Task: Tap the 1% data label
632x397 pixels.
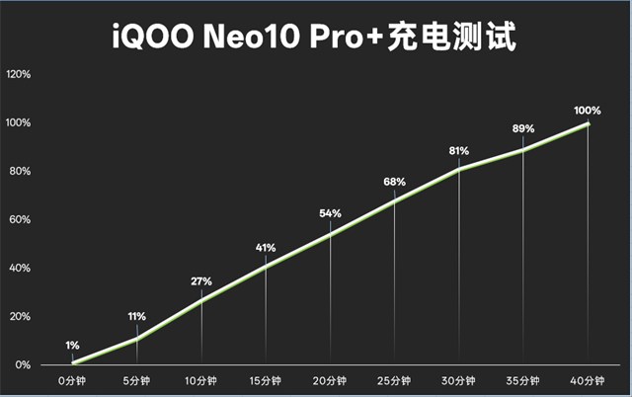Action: [x=72, y=345]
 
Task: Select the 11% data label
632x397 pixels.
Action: [x=136, y=316]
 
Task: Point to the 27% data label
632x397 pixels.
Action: [x=201, y=281]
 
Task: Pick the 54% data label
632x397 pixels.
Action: [x=330, y=213]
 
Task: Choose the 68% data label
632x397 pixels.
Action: [x=394, y=182]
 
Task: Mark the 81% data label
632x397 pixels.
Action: [x=459, y=151]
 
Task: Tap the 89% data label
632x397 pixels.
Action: [x=522, y=128]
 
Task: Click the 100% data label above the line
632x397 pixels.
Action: [x=587, y=109]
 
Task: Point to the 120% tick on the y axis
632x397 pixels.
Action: [x=19, y=75]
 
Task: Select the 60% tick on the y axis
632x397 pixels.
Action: [x=21, y=220]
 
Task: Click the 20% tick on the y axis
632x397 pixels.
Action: [x=21, y=317]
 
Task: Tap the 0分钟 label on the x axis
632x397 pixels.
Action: [x=73, y=379]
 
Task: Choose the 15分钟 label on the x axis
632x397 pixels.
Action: [x=266, y=379]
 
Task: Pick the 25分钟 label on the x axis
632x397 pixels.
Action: [x=394, y=379]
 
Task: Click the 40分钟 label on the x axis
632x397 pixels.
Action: [x=588, y=379]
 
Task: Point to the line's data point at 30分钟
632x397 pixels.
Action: [x=459, y=169]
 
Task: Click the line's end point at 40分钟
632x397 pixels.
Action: [x=588, y=123]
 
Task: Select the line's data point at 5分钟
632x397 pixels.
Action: [x=137, y=339]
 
